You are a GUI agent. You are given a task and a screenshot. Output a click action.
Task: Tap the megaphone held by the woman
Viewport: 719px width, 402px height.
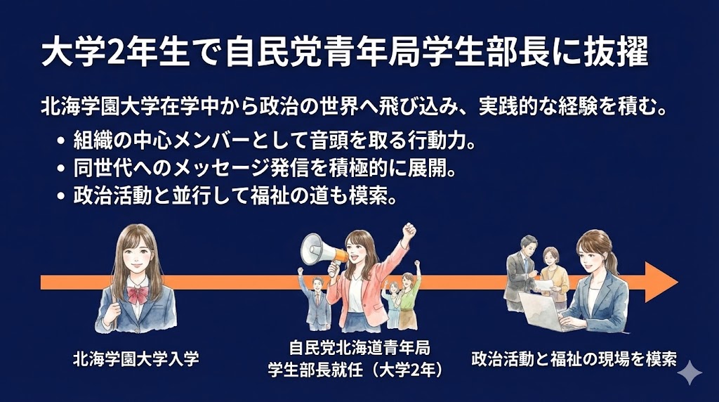click(320, 250)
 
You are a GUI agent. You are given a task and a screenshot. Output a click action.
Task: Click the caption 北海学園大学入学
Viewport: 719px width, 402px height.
click(136, 359)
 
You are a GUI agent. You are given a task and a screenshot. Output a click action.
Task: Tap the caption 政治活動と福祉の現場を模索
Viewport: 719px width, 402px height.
click(574, 359)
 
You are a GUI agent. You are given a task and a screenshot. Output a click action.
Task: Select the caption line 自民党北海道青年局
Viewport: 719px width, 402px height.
click(359, 348)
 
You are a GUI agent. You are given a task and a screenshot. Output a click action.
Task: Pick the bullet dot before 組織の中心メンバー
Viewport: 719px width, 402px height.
click(61, 141)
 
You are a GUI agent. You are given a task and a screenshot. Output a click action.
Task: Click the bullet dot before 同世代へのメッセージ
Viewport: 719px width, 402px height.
click(61, 169)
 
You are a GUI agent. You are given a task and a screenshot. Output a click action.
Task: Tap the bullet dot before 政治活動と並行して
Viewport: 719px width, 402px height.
click(61, 196)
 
